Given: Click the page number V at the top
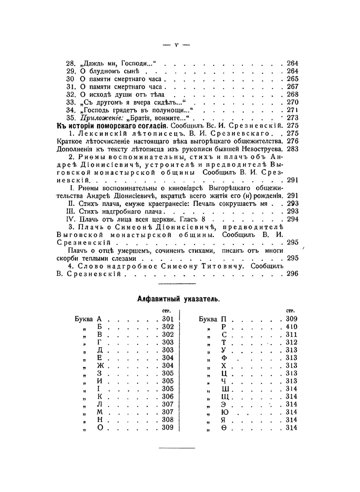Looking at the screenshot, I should click(176, 45).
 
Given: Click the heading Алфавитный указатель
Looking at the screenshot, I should click(179, 299).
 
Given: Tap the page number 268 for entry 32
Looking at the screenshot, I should click(292, 94).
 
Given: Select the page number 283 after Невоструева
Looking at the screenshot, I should click(292, 149).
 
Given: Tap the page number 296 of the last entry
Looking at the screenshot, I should click(292, 274).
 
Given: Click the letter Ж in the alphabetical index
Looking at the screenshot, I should click(100, 366).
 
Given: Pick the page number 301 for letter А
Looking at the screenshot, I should click(168, 319).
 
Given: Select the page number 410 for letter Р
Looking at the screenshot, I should click(292, 327).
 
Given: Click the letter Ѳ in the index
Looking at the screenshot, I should click(224, 428).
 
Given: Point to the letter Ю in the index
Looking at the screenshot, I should click(224, 412).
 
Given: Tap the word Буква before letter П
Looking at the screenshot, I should click(208, 319).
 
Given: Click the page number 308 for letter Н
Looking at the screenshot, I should click(168, 420).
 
